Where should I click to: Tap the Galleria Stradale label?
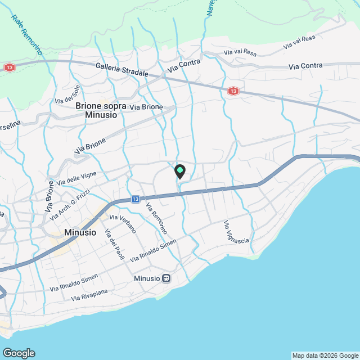(122, 69)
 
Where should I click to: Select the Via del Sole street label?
(67, 93)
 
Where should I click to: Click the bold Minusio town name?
(80, 232)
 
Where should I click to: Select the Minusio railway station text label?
(147, 278)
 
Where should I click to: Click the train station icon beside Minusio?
(166, 278)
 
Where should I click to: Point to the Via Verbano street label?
(123, 223)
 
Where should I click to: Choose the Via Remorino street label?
(156, 218)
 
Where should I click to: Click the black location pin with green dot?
(179, 171)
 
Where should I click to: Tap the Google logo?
(19, 353)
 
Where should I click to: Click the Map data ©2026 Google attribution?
(325, 355)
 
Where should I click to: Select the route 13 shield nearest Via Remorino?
(136, 199)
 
